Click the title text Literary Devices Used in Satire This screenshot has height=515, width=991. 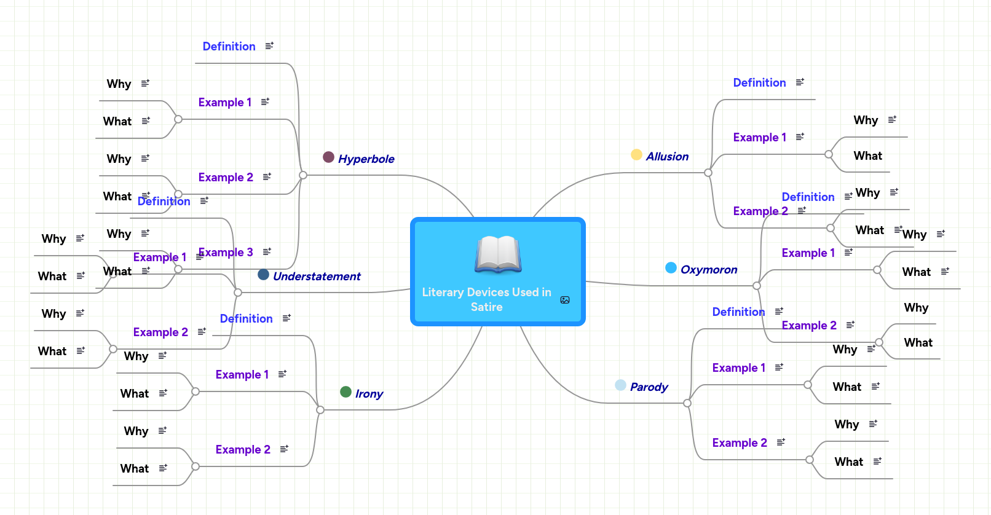pos(486,299)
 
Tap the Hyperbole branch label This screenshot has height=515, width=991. pos(366,159)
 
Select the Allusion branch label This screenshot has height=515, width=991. pos(667,157)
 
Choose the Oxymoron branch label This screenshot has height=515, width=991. pos(709,270)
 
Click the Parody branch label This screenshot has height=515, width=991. pos(649,387)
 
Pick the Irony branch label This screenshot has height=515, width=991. pos(369,394)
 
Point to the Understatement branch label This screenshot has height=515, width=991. pos(317,277)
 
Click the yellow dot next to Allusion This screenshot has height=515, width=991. pos(636,155)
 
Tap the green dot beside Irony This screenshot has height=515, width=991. pos(345,392)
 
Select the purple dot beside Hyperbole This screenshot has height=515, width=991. pos(328,157)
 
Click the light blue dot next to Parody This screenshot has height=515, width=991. pos(620,385)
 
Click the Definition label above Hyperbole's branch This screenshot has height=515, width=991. pos(229,47)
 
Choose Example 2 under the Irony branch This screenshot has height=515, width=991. pos(243,450)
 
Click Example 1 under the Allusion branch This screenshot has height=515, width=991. pos(759,138)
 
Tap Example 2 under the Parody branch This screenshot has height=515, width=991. pos(740,443)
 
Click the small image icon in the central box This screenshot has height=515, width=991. pos(565,300)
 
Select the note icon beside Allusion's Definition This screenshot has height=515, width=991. pos(800,82)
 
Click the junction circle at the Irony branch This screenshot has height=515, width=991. pos(320,410)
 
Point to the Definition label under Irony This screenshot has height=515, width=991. pos(246,319)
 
